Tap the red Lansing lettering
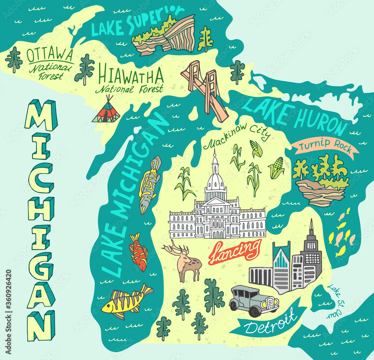coord(234,251)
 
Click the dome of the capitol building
coord(215,179)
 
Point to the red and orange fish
coord(138,251)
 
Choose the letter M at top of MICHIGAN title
coord(40,115)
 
